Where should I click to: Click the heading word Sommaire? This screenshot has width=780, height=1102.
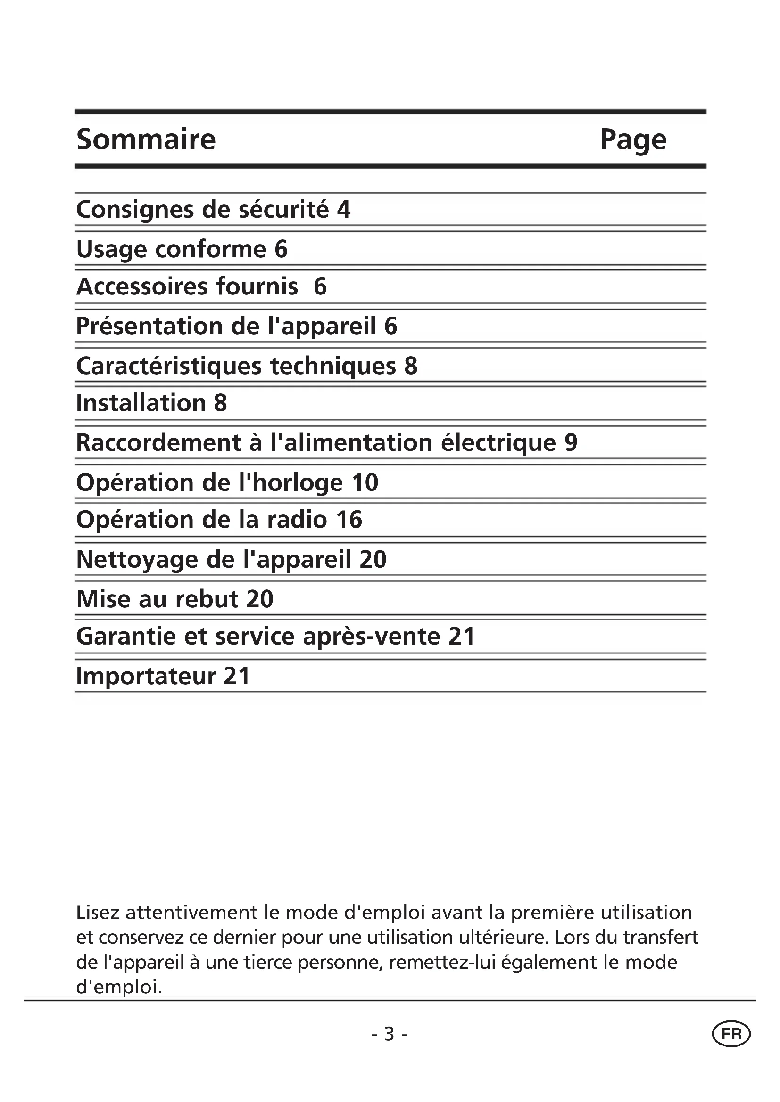[x=146, y=139]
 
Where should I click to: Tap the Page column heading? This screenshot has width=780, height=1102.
[x=633, y=140]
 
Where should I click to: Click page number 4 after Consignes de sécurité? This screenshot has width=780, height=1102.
[x=344, y=209]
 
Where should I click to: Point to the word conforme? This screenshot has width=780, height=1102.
[x=211, y=249]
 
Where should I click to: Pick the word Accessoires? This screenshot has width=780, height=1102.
[x=142, y=286]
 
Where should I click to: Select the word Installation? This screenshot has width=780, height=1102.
[x=141, y=403]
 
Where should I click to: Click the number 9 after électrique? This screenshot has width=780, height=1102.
[x=571, y=442]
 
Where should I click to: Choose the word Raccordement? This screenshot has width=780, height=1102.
[x=158, y=442]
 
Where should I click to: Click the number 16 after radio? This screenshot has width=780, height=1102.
[x=349, y=520]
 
